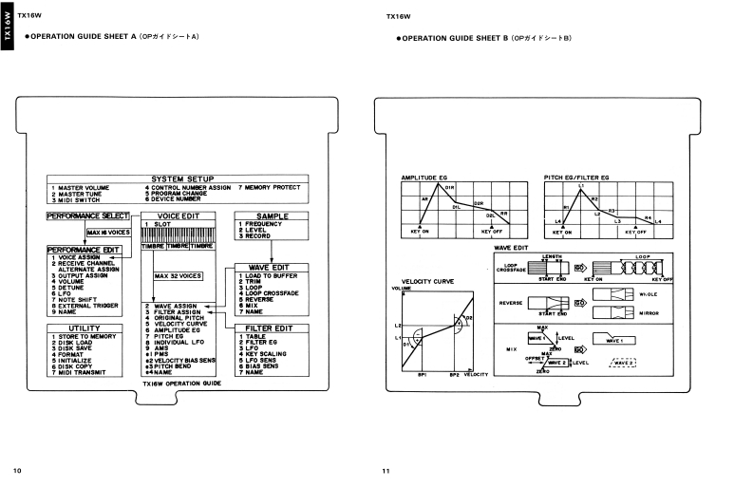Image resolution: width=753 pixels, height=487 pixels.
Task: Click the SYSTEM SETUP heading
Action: pos(181,178)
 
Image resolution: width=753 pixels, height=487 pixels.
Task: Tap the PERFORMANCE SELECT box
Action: pos(86,216)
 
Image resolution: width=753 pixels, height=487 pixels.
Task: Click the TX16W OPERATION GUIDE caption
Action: pos(182,384)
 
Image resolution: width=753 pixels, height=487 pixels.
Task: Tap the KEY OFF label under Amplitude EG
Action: pos(492,231)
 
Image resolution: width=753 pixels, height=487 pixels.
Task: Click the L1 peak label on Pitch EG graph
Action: pos(581,185)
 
